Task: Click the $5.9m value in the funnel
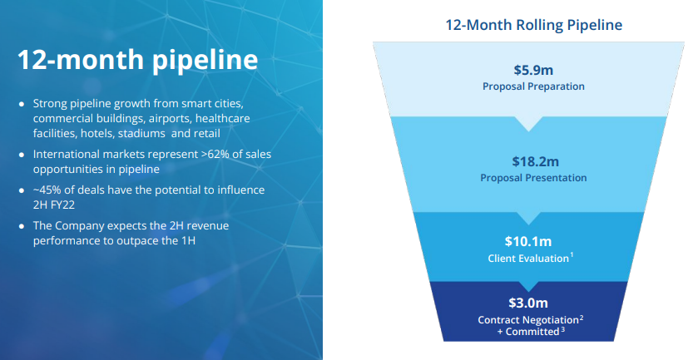coord(533,70)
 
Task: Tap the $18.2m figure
coord(535,161)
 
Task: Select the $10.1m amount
coord(528,241)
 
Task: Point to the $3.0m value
coord(528,303)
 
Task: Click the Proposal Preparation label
coord(533,86)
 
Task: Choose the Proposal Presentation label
coord(533,178)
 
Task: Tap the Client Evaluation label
coord(528,259)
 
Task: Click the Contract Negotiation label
coord(528,320)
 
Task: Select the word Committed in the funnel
coord(532,332)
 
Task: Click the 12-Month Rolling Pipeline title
coord(533,25)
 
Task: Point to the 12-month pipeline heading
coord(137,60)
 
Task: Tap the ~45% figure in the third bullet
coord(47,190)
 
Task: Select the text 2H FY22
coord(54,205)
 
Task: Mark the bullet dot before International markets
coord(22,155)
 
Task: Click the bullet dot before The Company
coord(22,226)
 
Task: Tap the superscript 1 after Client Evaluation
coord(572,255)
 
